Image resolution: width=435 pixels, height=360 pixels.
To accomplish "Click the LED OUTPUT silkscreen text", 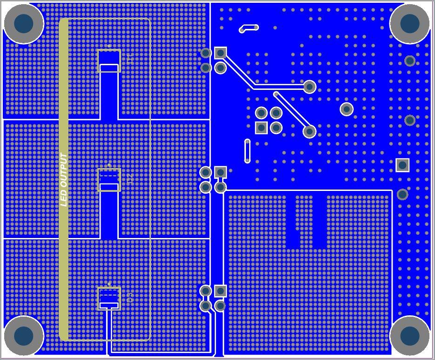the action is coord(64,180).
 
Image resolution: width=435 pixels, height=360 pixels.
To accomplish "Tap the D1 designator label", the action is coord(130,59).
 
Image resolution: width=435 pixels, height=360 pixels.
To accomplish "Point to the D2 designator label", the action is coord(130,179).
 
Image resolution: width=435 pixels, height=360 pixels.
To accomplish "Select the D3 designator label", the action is coord(130,297).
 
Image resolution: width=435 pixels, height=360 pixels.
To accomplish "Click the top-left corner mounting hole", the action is coord(24,23).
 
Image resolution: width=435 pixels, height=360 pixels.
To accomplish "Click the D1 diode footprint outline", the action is coord(109,61).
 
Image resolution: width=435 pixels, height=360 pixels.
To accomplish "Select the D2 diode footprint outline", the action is coord(109,180).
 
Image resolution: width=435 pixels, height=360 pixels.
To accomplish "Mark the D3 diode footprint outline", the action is coord(109,299).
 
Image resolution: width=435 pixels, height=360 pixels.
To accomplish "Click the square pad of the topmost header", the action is coord(220,53).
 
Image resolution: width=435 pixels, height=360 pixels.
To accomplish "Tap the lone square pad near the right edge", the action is coord(402,165).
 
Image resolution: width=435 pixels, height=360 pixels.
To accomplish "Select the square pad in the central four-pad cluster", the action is coord(261,128).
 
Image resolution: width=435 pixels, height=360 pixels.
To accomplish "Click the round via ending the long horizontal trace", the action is coord(310,86).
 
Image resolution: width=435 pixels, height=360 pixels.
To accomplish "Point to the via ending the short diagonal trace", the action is coord(310,131).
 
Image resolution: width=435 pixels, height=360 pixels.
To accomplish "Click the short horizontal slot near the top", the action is coord(249,28).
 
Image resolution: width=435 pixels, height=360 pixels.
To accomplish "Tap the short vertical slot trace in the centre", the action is coord(247,151).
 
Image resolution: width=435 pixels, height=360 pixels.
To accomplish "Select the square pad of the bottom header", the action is coord(220,291).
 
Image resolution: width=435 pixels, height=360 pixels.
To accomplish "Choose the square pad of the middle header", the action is coord(220,172).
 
